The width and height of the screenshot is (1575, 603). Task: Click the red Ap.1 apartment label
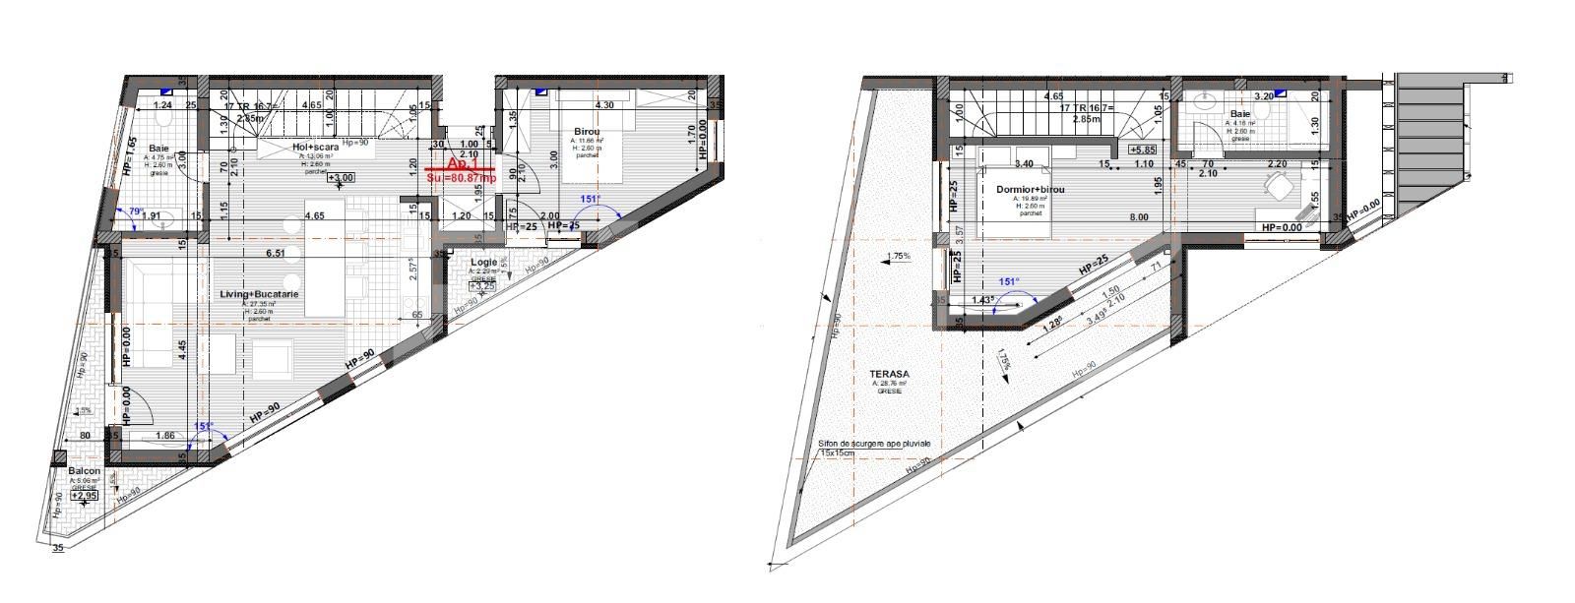tap(460, 163)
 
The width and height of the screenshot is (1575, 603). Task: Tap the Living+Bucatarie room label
tap(260, 294)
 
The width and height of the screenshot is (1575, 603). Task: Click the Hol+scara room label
tap(315, 148)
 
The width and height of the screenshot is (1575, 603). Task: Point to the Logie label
tap(483, 263)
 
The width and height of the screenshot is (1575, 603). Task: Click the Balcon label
tap(84, 471)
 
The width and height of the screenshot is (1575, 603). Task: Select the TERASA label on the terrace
tap(889, 374)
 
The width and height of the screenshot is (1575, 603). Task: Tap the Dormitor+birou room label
tap(1029, 189)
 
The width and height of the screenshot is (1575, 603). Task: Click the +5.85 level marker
tap(1143, 150)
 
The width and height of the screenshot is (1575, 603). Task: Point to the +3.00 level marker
tap(341, 178)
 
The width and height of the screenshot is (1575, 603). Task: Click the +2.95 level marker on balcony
tap(85, 497)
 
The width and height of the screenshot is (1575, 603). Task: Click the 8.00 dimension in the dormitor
tap(1139, 218)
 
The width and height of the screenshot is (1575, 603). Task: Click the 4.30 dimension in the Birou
tap(602, 105)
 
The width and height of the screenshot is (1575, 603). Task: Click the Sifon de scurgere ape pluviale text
tap(874, 444)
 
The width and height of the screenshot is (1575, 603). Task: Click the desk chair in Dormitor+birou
tap(1281, 184)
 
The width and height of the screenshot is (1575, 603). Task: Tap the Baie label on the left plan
tap(158, 148)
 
